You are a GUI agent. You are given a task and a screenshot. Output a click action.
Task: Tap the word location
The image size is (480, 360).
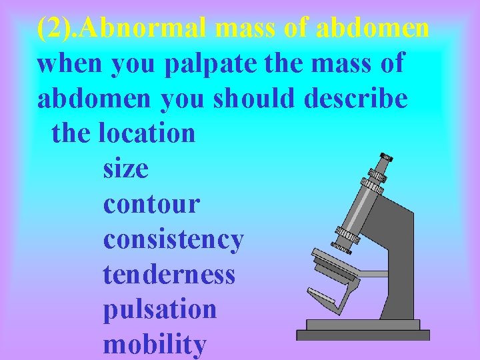pos(146,133)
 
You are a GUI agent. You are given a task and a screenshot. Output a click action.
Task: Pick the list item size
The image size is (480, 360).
pos(126,169)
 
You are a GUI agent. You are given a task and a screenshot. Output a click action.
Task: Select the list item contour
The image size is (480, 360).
pos(151,204)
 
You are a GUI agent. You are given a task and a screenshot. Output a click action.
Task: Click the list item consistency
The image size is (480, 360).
pos(173,239)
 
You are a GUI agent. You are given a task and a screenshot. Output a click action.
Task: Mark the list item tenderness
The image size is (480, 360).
pos(169,274)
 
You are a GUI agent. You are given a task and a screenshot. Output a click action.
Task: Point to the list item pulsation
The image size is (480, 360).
pos(160,309)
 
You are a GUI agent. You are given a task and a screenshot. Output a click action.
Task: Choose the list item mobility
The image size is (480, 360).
pos(155,345)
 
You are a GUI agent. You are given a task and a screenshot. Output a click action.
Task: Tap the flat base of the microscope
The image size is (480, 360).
pos(363,333)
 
